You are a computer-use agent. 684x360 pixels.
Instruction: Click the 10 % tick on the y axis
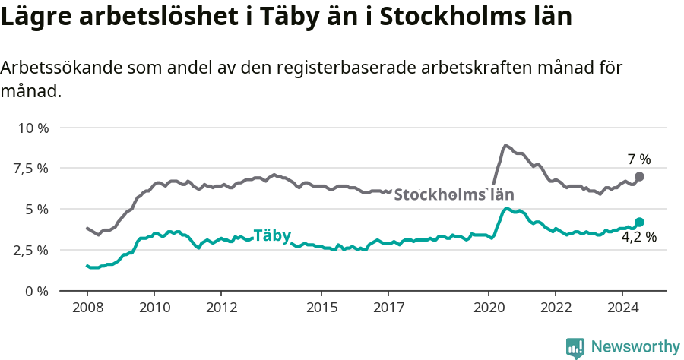(x=33, y=128)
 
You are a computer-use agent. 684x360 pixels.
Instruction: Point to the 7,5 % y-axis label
(x=30, y=168)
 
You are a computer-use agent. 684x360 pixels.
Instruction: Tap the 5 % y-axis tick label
(x=36, y=209)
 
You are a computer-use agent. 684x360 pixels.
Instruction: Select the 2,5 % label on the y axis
(x=30, y=250)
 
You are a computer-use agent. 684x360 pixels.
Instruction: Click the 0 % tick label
(x=36, y=291)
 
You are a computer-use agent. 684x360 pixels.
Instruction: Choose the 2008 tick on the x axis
(x=87, y=308)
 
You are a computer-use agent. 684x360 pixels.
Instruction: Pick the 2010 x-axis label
(x=154, y=308)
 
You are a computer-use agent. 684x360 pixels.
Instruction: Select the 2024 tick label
(x=622, y=308)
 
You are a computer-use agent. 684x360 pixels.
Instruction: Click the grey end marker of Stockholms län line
(x=639, y=176)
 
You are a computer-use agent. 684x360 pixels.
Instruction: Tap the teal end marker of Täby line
(x=639, y=222)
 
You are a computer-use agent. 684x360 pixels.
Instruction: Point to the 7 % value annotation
(x=638, y=159)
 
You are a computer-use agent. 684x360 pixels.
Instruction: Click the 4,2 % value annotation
(x=638, y=237)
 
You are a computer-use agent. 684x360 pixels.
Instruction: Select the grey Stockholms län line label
(x=454, y=194)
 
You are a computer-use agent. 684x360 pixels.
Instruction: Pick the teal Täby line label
(x=272, y=235)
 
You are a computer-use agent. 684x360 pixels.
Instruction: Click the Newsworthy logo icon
(x=575, y=348)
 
